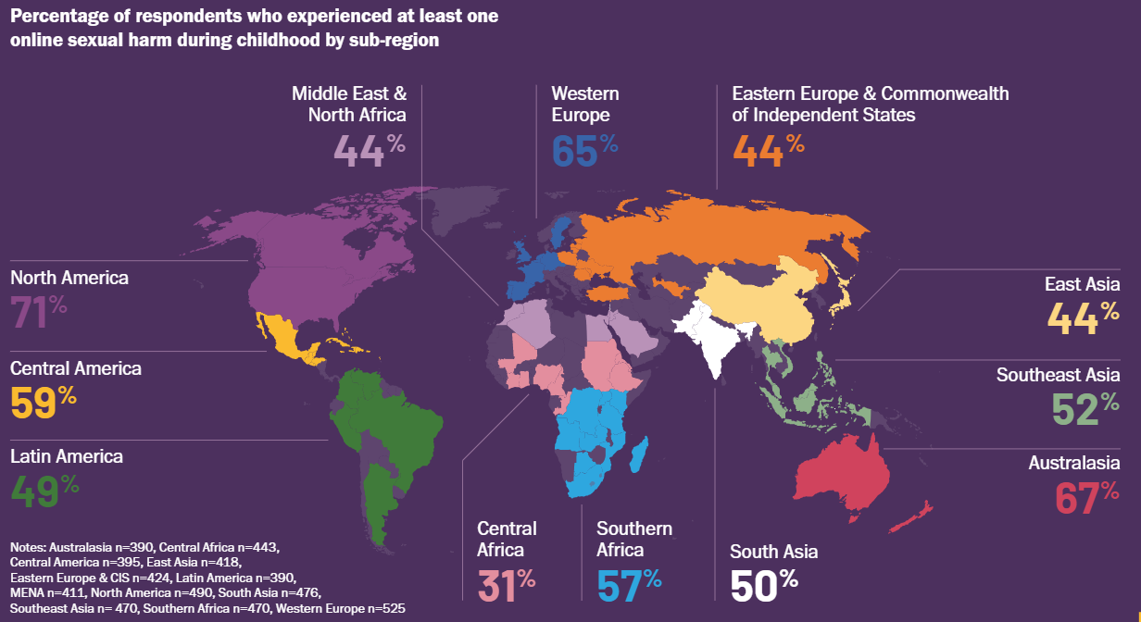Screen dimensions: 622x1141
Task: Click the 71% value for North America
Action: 38,312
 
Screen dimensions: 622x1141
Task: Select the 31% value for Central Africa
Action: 506,585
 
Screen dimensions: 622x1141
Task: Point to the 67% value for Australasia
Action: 1086,498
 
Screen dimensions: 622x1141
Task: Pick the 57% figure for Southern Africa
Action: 628,585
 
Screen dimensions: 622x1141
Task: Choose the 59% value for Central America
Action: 43,403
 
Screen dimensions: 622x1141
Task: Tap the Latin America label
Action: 67,456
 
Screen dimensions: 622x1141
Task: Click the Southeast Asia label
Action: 1058,375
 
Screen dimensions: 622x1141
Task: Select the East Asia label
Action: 1081,284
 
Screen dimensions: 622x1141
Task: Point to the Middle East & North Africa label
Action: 349,104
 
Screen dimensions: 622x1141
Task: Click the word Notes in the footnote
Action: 27,547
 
